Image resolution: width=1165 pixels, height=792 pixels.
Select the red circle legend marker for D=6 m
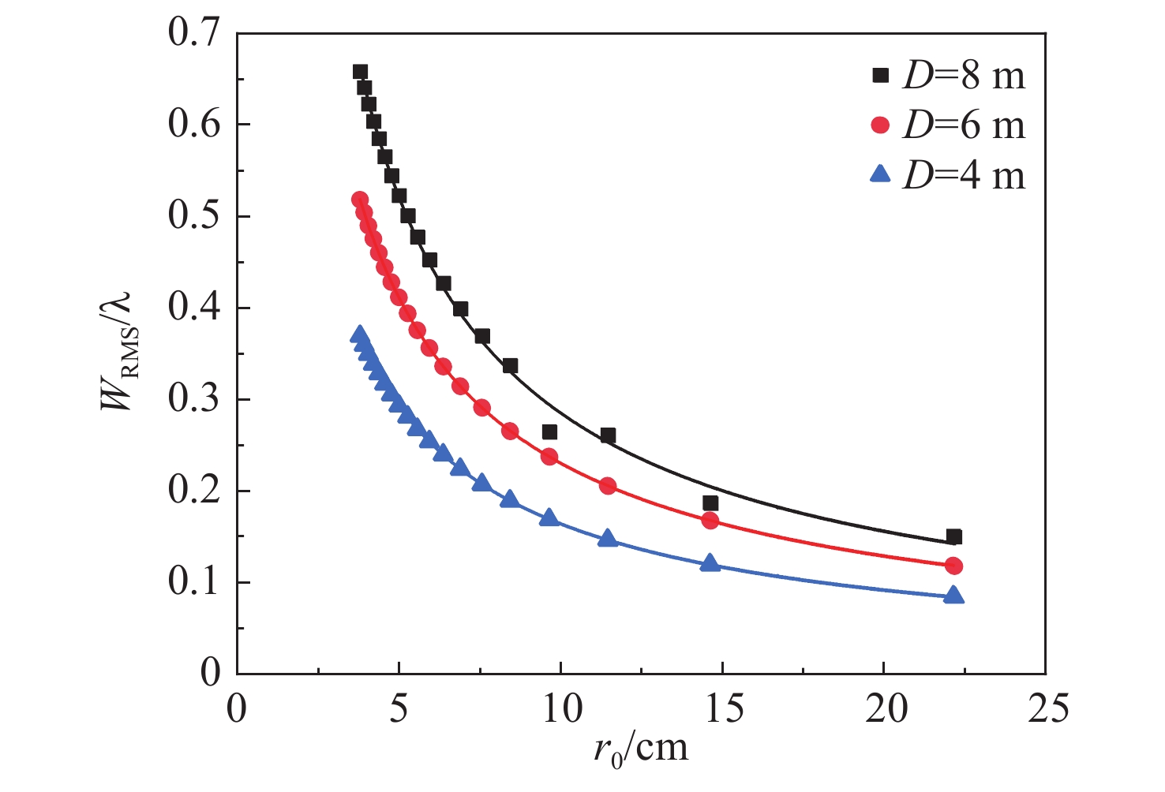(x=880, y=125)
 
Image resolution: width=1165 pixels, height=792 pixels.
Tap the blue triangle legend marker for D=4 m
(x=880, y=174)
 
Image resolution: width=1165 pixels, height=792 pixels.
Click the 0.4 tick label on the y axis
(x=193, y=308)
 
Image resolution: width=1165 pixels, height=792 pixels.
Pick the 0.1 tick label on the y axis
(x=193, y=583)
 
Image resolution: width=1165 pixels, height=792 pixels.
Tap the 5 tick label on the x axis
(x=399, y=708)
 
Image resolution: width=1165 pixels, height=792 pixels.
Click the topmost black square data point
(x=360, y=72)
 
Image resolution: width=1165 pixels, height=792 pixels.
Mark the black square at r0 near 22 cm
(x=953, y=537)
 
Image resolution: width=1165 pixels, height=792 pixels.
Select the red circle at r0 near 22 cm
(x=953, y=566)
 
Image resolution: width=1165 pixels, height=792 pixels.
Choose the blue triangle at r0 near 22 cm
(x=953, y=595)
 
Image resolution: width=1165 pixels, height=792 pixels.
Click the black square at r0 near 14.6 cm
(x=710, y=503)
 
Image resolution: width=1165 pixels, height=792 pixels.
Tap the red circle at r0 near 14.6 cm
(x=710, y=521)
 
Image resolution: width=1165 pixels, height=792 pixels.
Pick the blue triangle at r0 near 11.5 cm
(x=608, y=539)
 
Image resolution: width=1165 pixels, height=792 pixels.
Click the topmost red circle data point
(x=360, y=200)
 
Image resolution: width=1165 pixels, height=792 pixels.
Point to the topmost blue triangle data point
(x=360, y=335)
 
